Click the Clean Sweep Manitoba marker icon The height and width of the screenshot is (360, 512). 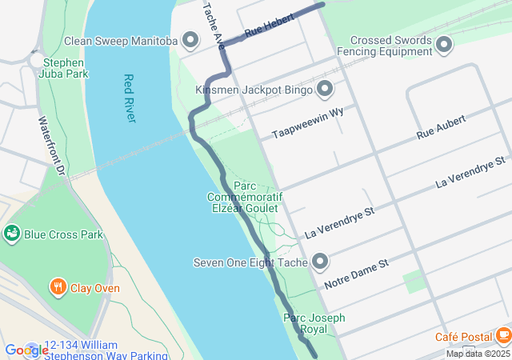pos(190,40)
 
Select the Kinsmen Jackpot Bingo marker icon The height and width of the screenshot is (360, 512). pos(325,88)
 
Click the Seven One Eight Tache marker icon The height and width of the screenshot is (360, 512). pos(320,262)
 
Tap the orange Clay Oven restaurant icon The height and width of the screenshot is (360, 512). pos(58,287)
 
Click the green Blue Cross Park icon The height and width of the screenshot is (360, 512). pos(12,234)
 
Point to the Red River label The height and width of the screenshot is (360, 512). pos(130,98)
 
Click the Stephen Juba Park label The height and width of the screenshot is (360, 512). pos(64,67)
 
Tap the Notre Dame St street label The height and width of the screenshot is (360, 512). pos(356,273)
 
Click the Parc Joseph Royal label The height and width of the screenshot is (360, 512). pos(314,323)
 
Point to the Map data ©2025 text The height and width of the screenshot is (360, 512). pos(478,354)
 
